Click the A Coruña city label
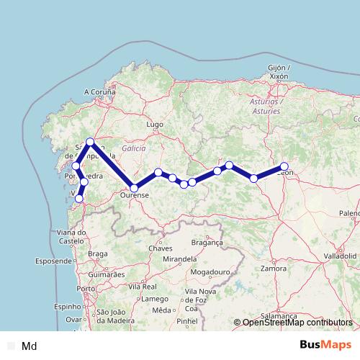click(100, 91)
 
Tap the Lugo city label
click(154, 124)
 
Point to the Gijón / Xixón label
click(278, 71)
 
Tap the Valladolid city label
click(339, 256)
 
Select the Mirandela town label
click(180, 258)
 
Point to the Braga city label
click(97, 253)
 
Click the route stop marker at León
click(284, 166)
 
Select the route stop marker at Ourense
click(134, 188)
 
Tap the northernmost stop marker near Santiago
click(90, 142)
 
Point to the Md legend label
click(30, 346)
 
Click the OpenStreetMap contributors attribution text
click(297, 323)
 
